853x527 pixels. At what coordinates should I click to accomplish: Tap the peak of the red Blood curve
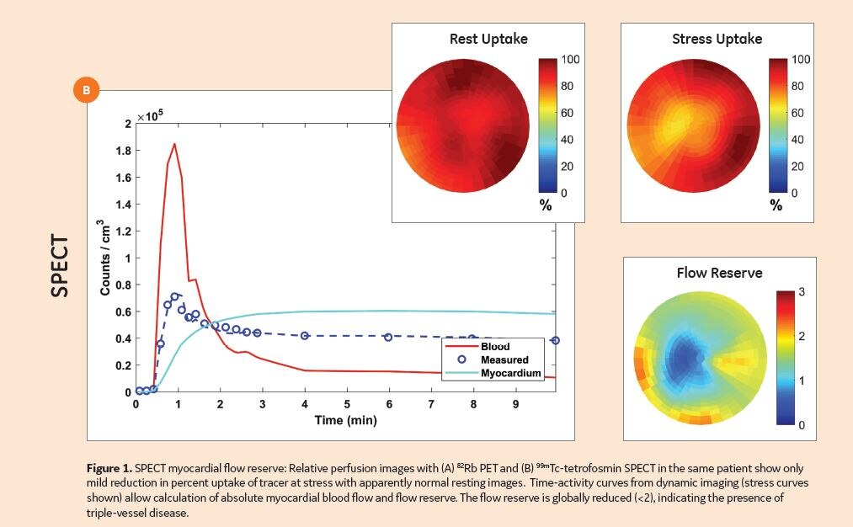click(x=174, y=144)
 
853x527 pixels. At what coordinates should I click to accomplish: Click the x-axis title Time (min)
click(x=346, y=420)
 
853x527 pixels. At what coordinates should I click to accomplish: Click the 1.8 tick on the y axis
click(x=123, y=152)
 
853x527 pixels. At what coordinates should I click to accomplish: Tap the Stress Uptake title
click(x=717, y=39)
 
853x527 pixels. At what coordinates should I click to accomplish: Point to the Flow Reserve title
click(x=719, y=273)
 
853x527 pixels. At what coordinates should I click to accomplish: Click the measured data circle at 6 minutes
click(x=388, y=337)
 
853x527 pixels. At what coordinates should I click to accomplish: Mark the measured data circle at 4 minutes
click(x=305, y=335)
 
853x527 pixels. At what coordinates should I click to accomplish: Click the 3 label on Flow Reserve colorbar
click(x=802, y=292)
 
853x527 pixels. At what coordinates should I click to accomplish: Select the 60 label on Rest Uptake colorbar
click(x=568, y=113)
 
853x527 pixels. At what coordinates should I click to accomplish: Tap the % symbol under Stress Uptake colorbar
click(x=775, y=205)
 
